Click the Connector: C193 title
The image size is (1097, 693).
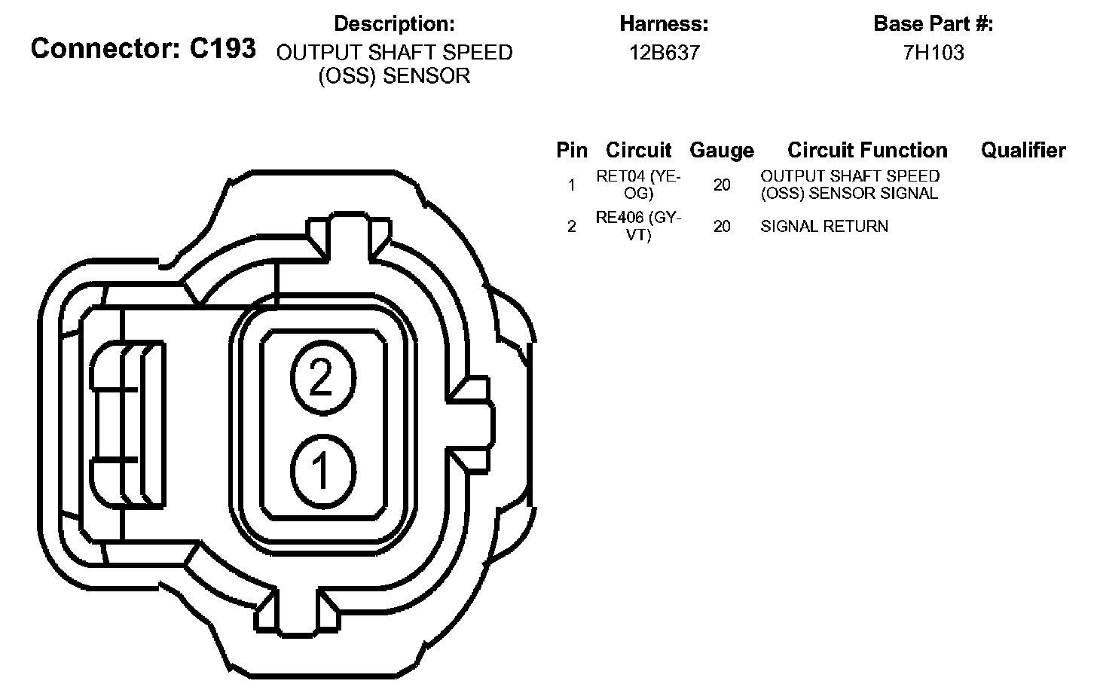click(143, 48)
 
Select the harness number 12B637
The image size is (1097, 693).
click(664, 53)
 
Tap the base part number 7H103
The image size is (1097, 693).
click(934, 53)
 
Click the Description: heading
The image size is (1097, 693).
click(394, 23)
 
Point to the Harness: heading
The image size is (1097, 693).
click(664, 23)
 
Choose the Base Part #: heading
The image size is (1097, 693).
click(934, 23)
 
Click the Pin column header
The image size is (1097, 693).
click(572, 151)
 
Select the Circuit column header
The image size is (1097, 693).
click(638, 151)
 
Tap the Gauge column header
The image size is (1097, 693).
click(722, 151)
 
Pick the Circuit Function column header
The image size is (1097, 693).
click(867, 151)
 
